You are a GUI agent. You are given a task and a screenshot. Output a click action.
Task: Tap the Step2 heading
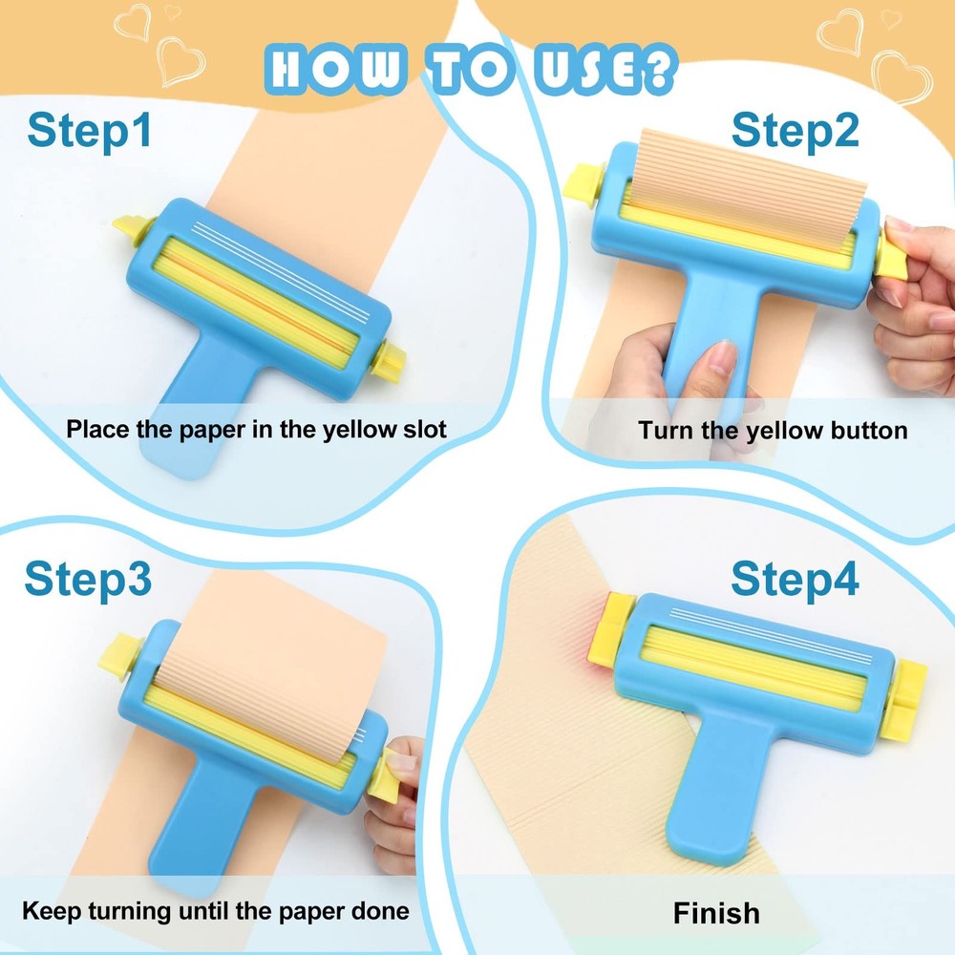tap(795, 130)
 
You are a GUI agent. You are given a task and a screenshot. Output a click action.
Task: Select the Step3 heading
tap(88, 579)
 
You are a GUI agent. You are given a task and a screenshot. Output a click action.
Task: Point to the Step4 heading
tap(795, 579)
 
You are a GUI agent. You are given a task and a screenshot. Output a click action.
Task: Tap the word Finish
tap(716, 912)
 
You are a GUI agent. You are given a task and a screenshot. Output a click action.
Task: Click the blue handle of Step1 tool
tap(196, 420)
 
